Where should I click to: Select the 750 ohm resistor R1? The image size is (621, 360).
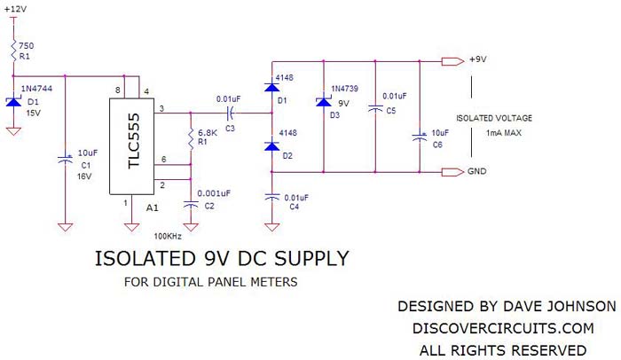coord(14,50)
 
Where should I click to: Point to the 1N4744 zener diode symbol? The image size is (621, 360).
coord(13,102)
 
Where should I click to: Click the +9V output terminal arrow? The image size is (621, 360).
coord(452,62)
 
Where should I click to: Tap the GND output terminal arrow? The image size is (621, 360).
coord(452,171)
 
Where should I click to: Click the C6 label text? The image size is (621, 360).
coord(437,145)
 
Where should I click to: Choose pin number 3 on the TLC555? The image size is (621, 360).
coord(161,108)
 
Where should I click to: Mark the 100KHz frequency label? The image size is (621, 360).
coord(169,238)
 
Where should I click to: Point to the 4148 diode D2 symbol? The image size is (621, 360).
coord(271,145)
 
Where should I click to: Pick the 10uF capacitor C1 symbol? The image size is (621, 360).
coord(65,160)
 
